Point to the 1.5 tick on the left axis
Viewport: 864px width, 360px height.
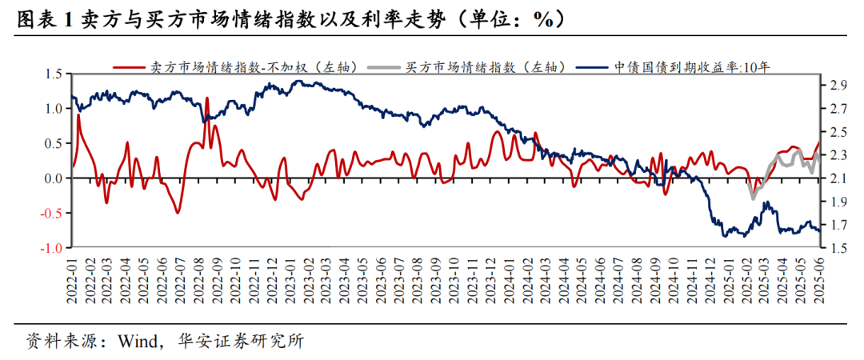(53, 74)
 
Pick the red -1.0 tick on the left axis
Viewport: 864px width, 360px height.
(51, 248)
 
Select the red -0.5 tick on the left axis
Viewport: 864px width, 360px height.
(51, 214)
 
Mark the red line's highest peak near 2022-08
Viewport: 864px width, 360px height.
(206, 98)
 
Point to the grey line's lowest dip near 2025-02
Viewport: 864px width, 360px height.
(752, 198)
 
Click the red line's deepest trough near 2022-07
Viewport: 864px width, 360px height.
(178, 213)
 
